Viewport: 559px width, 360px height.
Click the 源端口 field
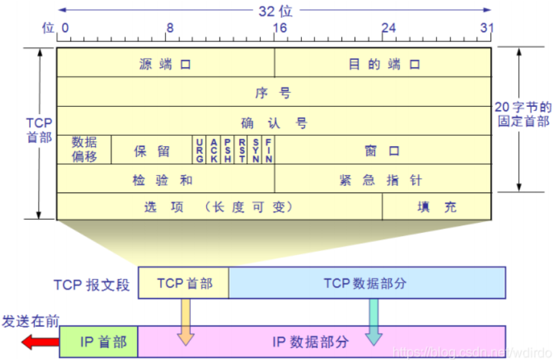pyautogui.click(x=165, y=63)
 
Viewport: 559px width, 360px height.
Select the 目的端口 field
pyautogui.click(x=383, y=63)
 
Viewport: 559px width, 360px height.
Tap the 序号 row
pyautogui.click(x=274, y=92)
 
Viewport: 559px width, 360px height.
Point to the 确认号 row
pyautogui.click(x=274, y=122)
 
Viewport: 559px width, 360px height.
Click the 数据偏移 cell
pyautogui.click(x=84, y=150)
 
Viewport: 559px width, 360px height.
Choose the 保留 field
pyautogui.click(x=152, y=150)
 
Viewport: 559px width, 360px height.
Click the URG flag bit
pyautogui.click(x=200, y=150)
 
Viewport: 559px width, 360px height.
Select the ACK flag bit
pyautogui.click(x=214, y=150)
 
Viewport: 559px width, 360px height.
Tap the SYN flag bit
pyautogui.click(x=256, y=150)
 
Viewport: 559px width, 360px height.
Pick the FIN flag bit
pyautogui.click(x=268, y=150)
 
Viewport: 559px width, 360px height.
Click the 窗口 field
pyautogui.click(x=383, y=150)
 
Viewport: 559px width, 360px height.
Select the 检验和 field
pyautogui.click(x=165, y=179)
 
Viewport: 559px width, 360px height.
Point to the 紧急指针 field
pyautogui.click(x=383, y=179)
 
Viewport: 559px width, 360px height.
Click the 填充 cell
pyautogui.click(x=436, y=206)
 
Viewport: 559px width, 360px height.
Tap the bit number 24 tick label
pyautogui.click(x=389, y=28)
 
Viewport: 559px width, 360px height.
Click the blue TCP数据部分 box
pyautogui.click(x=367, y=284)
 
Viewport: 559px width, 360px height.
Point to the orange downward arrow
pyautogui.click(x=186, y=322)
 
